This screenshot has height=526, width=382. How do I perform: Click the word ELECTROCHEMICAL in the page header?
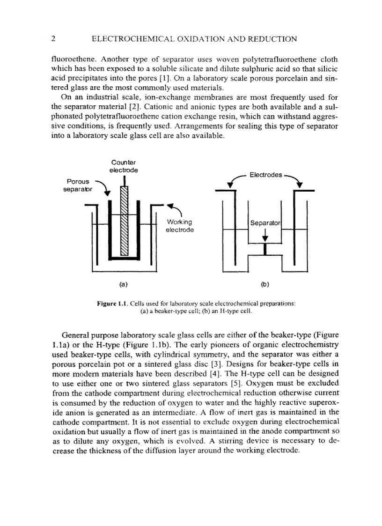coord(131,39)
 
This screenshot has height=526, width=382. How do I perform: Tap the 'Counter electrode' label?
coord(123,166)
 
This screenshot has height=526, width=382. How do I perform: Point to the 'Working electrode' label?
coord(180,226)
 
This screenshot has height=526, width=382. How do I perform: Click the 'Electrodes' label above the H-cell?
coord(265,175)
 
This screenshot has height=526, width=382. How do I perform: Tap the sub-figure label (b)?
coord(265,284)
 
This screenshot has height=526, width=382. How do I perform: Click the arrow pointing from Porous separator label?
coord(103,188)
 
